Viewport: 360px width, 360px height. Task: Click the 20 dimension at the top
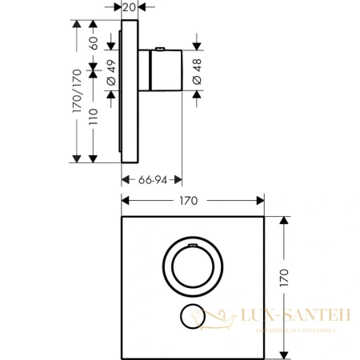(x=130, y=8)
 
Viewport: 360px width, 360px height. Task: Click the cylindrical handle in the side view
(x=167, y=71)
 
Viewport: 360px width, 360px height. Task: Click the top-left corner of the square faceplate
(x=122, y=217)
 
